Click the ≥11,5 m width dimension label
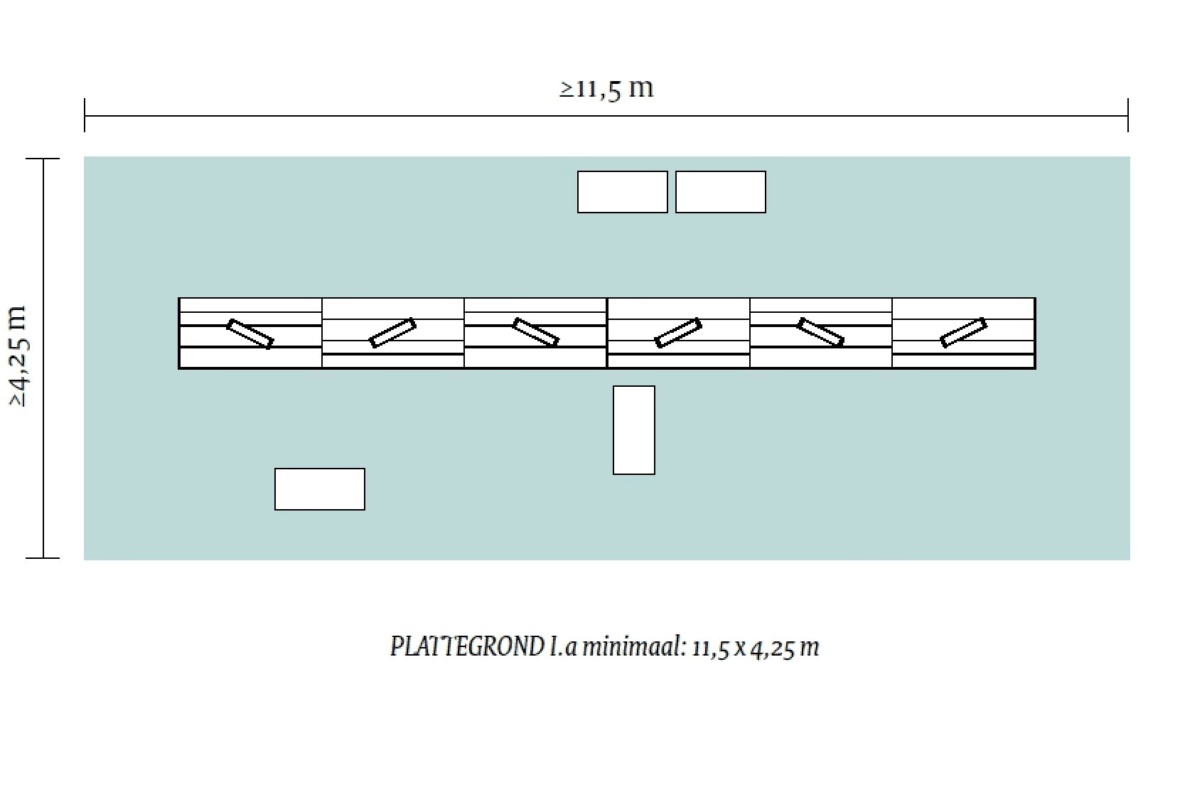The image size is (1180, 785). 606,88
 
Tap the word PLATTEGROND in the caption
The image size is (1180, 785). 467,647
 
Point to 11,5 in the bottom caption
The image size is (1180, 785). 710,648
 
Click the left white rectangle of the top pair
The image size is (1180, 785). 622,192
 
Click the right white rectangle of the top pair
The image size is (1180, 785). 720,192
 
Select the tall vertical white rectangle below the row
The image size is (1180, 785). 633,430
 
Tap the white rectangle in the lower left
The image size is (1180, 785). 319,489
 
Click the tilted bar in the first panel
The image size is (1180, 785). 250,334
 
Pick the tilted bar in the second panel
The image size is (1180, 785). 393,333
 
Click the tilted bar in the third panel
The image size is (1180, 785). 535,332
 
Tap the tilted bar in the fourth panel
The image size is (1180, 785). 678,333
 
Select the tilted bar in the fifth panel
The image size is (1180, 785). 820,332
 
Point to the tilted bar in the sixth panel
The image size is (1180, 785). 963,333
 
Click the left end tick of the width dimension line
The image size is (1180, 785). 85,115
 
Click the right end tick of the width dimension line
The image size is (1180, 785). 1127,115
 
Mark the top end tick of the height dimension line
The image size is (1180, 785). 43,159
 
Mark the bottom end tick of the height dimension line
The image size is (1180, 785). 43,557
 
